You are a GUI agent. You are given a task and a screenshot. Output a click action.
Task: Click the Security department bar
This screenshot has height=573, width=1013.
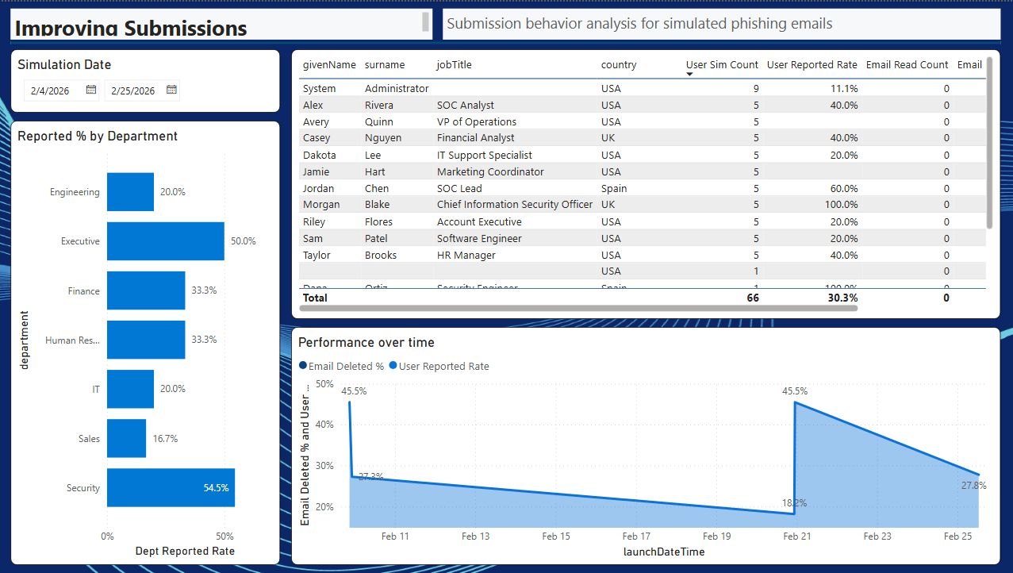(171, 487)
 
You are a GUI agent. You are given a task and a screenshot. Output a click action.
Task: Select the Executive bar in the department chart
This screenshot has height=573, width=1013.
(165, 241)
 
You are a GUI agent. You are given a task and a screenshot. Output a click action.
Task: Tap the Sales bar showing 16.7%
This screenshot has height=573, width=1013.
(126, 438)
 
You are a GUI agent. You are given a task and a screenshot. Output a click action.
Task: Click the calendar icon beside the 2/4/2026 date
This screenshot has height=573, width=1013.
(91, 90)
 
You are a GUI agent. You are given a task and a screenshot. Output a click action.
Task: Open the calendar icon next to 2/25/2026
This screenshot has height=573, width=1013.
(171, 90)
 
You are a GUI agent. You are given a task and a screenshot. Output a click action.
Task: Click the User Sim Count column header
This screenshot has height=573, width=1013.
(722, 65)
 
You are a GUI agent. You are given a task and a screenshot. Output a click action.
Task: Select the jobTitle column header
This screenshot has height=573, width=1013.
(454, 65)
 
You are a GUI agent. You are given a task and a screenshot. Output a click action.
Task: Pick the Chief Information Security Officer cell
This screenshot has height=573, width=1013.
(514, 205)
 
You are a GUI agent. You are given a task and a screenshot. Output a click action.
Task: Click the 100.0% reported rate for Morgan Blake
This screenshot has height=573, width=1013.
(842, 205)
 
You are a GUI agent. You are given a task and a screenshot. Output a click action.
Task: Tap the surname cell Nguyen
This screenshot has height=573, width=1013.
(382, 138)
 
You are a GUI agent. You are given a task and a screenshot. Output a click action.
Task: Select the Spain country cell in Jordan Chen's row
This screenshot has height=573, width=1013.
(614, 189)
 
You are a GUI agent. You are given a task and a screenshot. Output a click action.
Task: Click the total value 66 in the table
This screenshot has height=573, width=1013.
(751, 298)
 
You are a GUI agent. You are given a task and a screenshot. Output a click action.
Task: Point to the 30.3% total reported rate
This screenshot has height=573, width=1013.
(842, 298)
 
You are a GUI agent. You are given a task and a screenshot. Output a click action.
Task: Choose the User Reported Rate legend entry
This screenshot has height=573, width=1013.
(443, 367)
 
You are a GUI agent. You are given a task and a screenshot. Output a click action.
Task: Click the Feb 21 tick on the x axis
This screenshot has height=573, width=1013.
(796, 536)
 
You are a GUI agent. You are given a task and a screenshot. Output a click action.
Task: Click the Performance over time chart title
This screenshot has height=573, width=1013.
(366, 343)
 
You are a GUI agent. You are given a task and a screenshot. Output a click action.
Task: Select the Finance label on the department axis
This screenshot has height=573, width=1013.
(83, 291)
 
